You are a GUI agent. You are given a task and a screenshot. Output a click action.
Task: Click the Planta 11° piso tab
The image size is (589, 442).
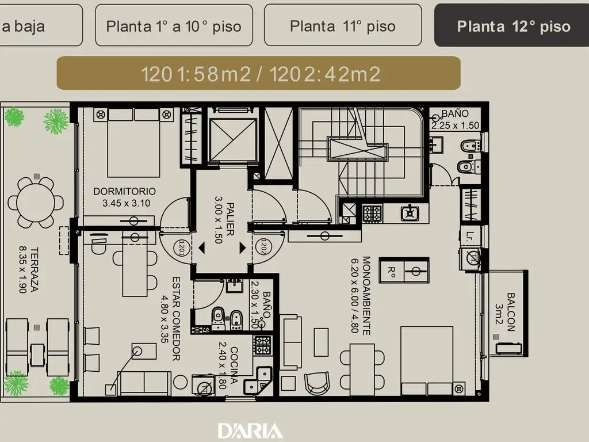coord(343,25)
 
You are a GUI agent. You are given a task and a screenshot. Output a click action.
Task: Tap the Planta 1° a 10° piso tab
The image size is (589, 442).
coord(174,25)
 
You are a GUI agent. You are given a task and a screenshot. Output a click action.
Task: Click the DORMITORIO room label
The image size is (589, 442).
coord(124,191)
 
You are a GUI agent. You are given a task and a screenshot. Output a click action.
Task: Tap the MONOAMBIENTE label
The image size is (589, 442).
coord(366,295)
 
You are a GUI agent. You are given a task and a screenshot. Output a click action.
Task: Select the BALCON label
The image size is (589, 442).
coord(511,312)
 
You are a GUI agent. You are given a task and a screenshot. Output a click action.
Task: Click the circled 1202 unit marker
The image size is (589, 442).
coord(263,247)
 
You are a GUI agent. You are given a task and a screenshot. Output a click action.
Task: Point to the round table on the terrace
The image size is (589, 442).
coord(36,202)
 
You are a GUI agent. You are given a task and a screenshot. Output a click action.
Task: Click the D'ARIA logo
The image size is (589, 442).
coord(251,430)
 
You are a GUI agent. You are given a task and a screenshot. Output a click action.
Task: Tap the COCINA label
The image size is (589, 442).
coord(234,365)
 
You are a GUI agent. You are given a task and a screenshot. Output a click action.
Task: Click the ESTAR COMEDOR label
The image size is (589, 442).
coord(176,319)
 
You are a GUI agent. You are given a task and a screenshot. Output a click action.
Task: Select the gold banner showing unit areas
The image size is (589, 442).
coord(258,73)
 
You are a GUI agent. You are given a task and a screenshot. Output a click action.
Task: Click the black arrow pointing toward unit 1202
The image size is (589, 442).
coord(242,247)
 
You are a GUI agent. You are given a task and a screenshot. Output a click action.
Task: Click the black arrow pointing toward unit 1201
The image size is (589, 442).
coord(202,247)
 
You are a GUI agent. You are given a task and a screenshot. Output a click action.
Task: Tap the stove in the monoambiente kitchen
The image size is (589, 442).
coord(372,214)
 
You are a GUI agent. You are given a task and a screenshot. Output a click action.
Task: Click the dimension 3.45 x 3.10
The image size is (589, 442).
coord(126,203)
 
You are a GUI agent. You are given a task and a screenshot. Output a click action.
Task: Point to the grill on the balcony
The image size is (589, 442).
coord(508,348)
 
